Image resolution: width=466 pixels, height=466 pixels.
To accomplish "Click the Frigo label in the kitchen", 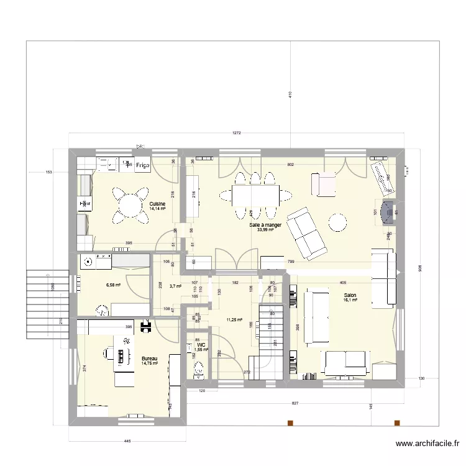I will [143, 165].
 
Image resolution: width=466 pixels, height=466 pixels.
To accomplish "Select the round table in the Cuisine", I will [130, 204].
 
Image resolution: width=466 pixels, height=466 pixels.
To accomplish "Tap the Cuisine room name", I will [157, 204].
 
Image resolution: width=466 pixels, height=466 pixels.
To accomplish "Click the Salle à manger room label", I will [265, 225].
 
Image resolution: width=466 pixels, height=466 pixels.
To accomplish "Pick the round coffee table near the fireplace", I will [338, 222].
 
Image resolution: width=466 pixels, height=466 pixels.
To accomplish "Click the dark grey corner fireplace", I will [388, 212].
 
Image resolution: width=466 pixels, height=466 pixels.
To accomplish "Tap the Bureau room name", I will [149, 359].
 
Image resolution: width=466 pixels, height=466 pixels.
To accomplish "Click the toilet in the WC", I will [199, 369].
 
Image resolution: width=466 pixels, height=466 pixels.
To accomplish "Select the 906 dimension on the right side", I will [420, 268].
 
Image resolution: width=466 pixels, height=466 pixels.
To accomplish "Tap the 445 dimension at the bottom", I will [127, 441].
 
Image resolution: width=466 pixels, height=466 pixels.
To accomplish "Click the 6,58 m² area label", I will [112, 285].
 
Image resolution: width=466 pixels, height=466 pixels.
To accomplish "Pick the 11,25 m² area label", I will [234, 319].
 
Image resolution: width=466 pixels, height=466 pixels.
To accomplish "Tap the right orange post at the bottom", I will [396, 423].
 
